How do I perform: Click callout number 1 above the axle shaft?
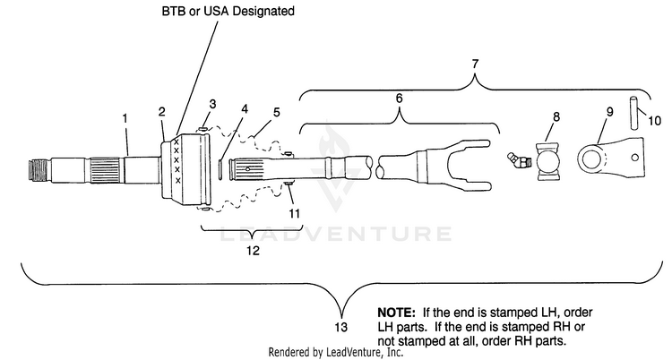(x=125, y=118)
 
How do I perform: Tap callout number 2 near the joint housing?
(x=161, y=112)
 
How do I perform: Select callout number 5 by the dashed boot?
(x=277, y=112)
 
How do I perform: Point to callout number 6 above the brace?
(x=399, y=99)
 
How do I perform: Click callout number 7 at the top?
(x=475, y=64)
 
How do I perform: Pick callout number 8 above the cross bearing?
(x=556, y=116)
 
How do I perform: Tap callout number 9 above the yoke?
(x=609, y=112)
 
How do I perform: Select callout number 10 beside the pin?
(x=654, y=121)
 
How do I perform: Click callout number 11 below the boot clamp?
(x=294, y=213)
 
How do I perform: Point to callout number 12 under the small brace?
(x=253, y=250)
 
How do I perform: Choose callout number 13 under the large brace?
(x=340, y=328)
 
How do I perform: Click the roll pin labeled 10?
(x=633, y=113)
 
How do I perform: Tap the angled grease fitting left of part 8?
(x=519, y=160)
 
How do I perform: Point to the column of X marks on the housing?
(x=177, y=160)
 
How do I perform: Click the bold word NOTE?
(x=396, y=313)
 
